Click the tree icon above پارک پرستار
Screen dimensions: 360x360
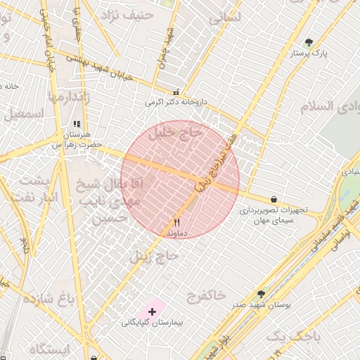(x=309, y=42)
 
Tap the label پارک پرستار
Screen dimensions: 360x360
(x=310, y=53)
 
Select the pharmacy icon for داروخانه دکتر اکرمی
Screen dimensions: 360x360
(x=176, y=92)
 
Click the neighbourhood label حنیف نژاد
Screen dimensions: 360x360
(x=127, y=15)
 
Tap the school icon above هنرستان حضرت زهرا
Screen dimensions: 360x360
(x=77, y=124)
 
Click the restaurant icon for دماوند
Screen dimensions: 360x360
(x=176, y=221)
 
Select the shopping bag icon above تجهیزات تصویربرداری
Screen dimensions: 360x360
(x=273, y=199)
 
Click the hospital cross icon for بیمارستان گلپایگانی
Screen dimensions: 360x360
(x=153, y=311)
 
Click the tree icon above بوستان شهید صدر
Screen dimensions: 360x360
(x=262, y=294)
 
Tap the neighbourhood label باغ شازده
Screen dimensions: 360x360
(x=49, y=299)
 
